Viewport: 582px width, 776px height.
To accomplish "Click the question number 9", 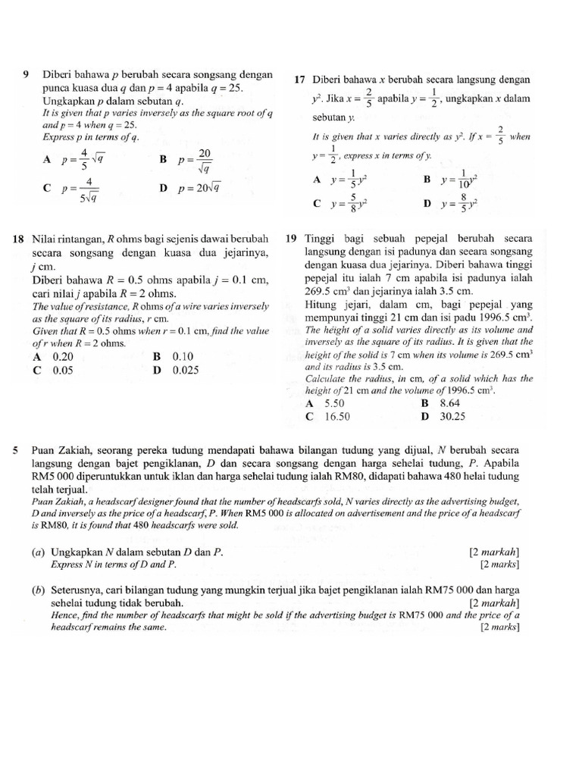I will pos(27,74).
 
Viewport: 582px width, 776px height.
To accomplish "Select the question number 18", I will pos(20,239).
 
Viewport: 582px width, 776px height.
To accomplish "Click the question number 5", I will pos(16,451).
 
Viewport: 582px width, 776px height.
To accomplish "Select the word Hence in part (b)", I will pos(64,615).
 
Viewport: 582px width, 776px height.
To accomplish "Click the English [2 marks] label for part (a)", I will pos(499,565).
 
